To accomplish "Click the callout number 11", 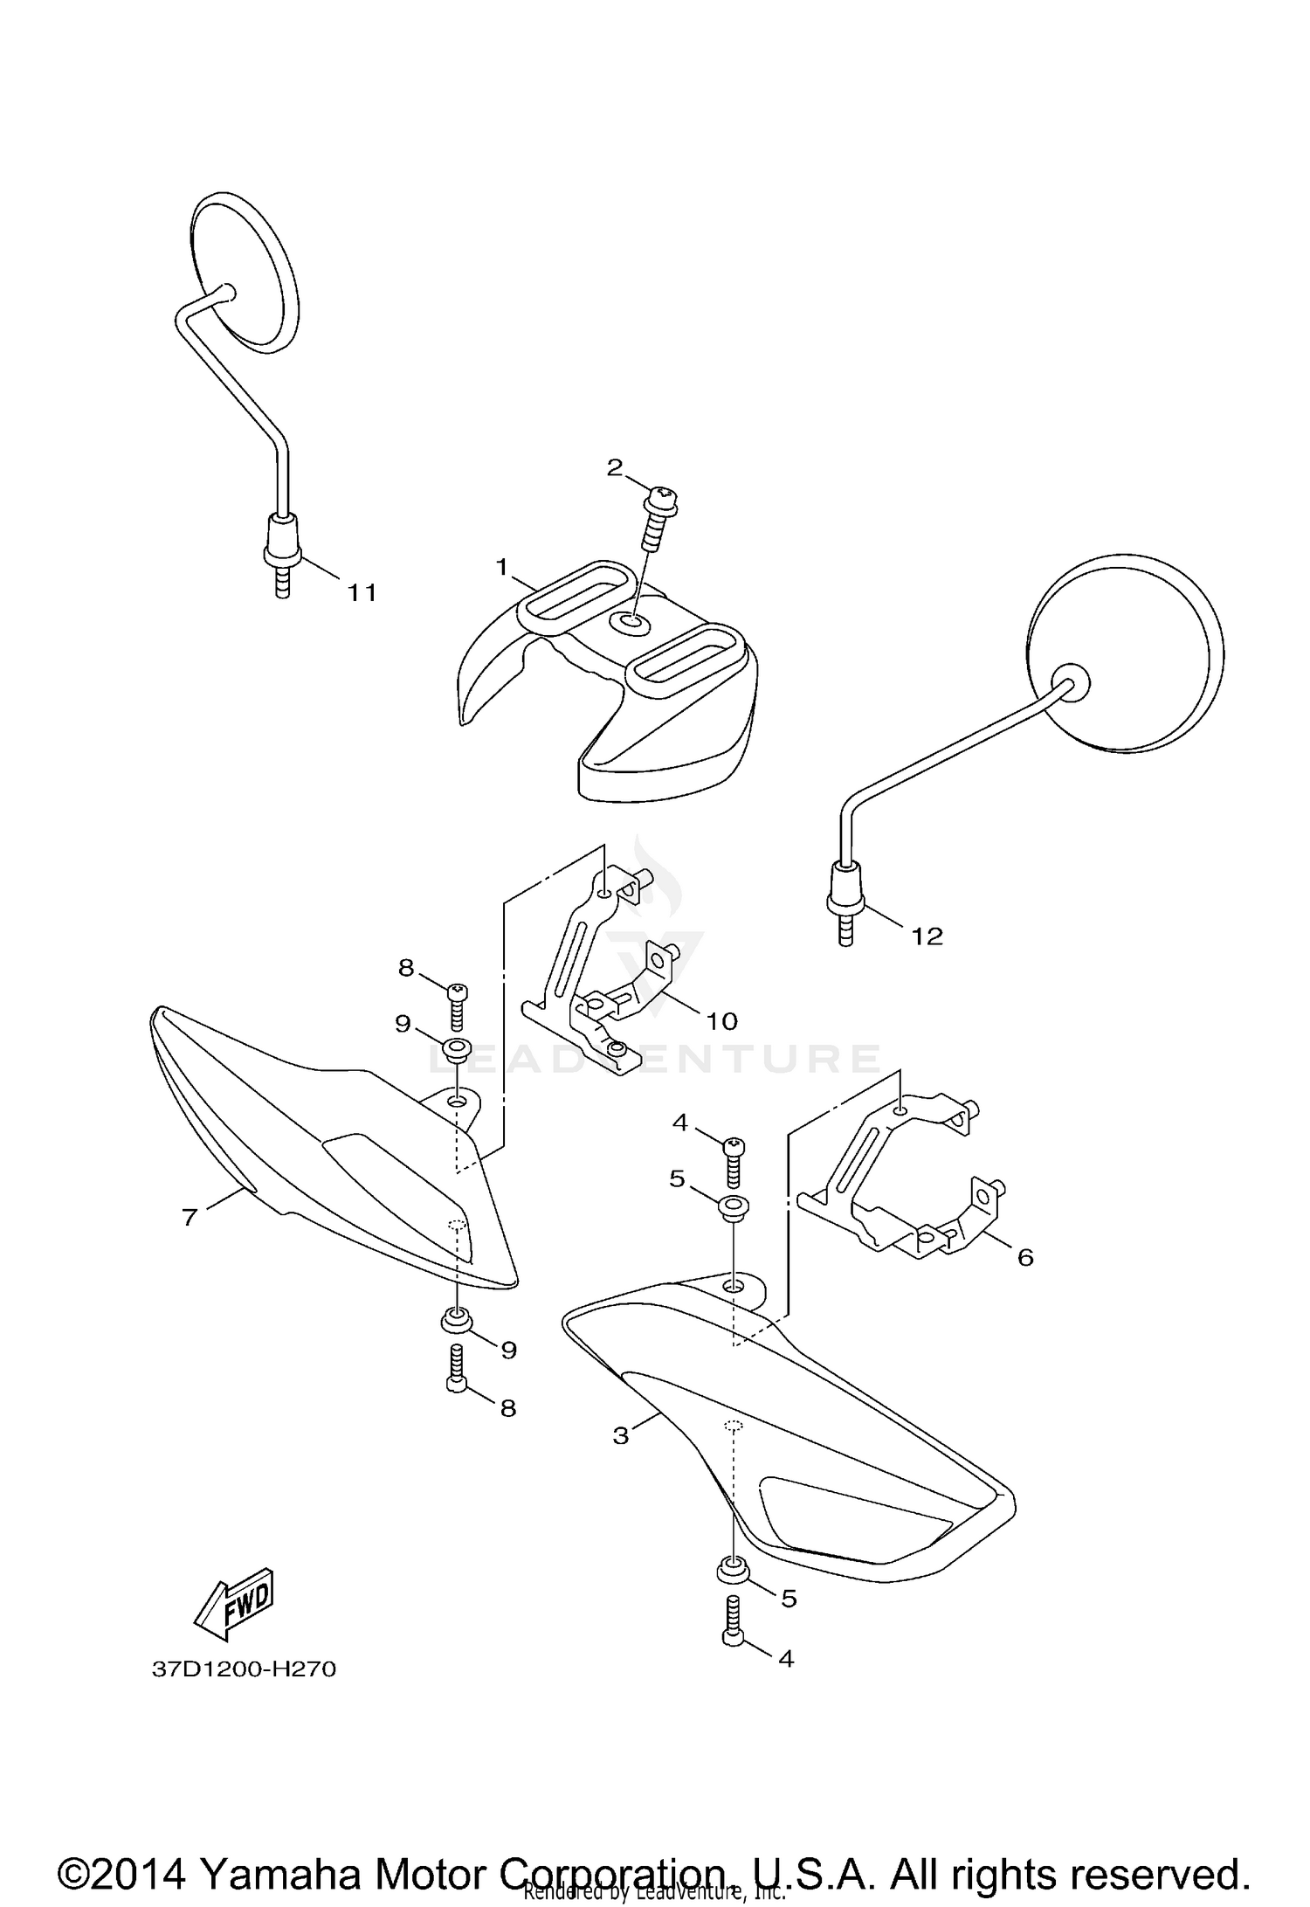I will (x=362, y=593).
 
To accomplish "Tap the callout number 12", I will (x=927, y=936).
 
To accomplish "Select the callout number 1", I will (x=501, y=567).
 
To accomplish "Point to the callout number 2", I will (x=615, y=467).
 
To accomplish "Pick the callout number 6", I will (x=1024, y=1257).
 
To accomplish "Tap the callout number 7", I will (x=190, y=1217).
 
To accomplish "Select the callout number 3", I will (x=620, y=1435).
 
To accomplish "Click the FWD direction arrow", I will (x=234, y=1605).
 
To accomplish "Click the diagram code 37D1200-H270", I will (x=244, y=1669).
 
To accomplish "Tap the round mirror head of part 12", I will (x=1125, y=652).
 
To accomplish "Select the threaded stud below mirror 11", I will (x=281, y=581).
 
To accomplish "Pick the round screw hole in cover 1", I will (x=629, y=622).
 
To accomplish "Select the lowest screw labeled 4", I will (x=734, y=1631).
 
